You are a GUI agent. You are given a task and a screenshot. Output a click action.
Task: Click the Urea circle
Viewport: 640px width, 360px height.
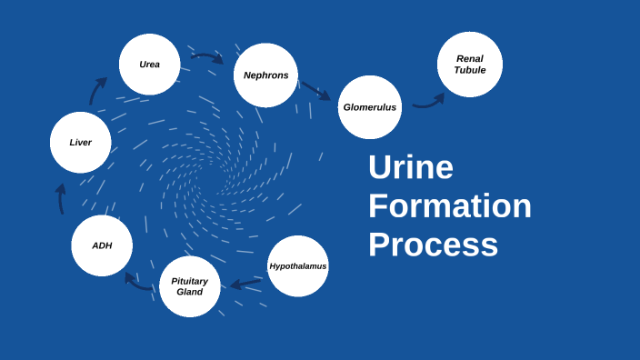(149, 65)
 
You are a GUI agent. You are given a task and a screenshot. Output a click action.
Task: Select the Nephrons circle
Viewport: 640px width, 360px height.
(265, 75)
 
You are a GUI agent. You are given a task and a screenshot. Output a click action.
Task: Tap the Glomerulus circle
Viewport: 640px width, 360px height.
(369, 107)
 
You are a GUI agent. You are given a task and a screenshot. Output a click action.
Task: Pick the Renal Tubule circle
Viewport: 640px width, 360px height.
(470, 65)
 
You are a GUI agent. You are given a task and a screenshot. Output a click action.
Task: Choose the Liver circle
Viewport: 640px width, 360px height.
(80, 142)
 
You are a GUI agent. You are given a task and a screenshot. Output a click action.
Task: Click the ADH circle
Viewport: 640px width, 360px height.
(102, 245)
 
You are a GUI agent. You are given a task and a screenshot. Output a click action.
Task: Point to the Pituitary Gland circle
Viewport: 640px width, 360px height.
(189, 286)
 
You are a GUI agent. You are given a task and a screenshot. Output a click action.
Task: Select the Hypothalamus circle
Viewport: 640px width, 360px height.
(297, 266)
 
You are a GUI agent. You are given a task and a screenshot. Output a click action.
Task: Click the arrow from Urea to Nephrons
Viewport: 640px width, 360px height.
(207, 57)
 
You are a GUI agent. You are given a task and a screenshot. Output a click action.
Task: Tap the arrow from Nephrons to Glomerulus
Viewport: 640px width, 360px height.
(316, 90)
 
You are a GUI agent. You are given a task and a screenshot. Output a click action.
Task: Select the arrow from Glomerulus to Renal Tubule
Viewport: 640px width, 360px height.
(428, 101)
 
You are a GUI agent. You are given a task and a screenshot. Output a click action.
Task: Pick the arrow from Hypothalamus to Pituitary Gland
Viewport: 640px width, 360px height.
(245, 285)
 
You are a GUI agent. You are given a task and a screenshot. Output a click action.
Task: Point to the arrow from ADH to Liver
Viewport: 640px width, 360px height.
(61, 198)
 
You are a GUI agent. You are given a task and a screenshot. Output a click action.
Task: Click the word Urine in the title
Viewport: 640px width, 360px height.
(410, 168)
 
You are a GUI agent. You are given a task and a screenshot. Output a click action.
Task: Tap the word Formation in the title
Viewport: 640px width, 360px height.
(449, 206)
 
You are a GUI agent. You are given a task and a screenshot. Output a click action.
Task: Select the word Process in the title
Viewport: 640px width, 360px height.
(433, 245)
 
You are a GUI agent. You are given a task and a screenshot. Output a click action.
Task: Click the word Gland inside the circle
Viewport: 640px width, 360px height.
(189, 292)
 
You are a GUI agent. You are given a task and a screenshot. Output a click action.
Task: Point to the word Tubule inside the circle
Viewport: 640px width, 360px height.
(470, 71)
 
